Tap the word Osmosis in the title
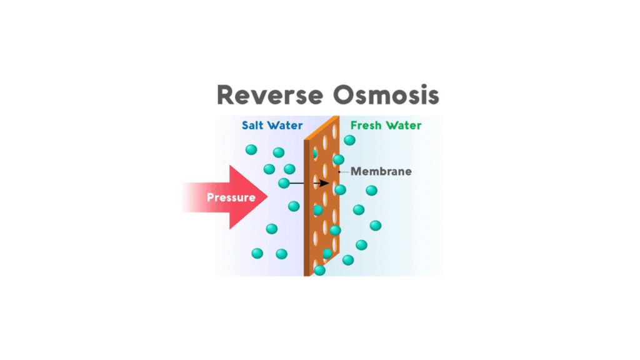[x=386, y=95]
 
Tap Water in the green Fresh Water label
[x=403, y=125]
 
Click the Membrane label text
[x=381, y=171]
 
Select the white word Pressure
[x=231, y=198]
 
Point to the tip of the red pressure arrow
[x=267, y=197]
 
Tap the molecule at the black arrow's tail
[x=284, y=183]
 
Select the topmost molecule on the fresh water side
[x=349, y=140]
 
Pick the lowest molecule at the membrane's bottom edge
[x=319, y=270]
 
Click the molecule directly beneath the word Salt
[x=251, y=149]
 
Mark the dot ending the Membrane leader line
[x=339, y=171]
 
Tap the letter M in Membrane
[x=356, y=171]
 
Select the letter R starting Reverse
[x=227, y=95]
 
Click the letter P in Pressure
[x=211, y=198]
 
